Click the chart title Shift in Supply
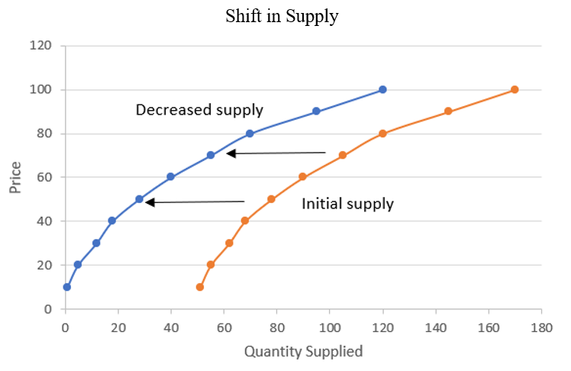click(281, 17)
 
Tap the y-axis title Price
click(16, 177)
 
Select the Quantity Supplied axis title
click(303, 352)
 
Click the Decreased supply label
click(199, 110)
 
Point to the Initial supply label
click(347, 204)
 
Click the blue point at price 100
click(382, 89)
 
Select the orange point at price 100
click(515, 89)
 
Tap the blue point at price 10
click(67, 287)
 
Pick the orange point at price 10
click(200, 287)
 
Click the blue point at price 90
click(316, 111)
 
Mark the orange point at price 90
click(448, 111)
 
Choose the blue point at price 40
click(112, 221)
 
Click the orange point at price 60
click(302, 176)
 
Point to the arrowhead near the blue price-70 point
click(231, 153)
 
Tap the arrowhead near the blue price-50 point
click(150, 202)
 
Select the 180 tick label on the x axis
click(541, 327)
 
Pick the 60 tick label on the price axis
click(44, 177)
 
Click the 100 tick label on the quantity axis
click(330, 327)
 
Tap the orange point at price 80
click(382, 134)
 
